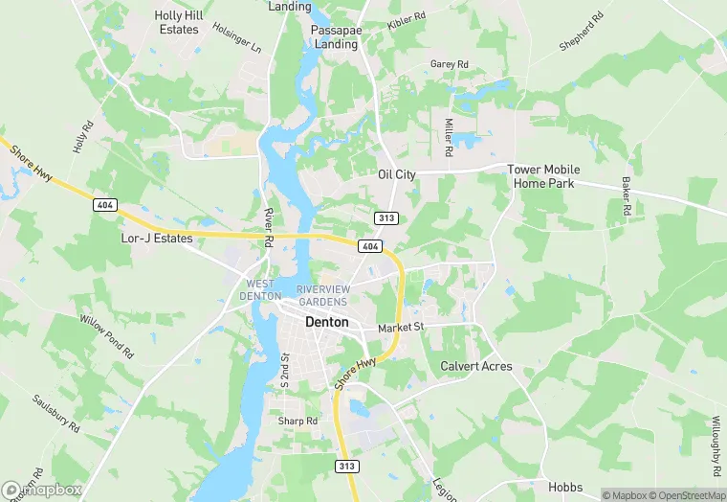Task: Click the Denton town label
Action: click(326, 322)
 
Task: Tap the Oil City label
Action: click(397, 174)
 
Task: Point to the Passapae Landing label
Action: click(334, 36)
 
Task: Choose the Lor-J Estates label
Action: click(157, 238)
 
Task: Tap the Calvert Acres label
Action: click(475, 366)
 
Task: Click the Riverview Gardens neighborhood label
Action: click(322, 295)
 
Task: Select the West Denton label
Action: click(260, 289)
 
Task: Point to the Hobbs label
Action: click(564, 486)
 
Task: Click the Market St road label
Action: click(400, 328)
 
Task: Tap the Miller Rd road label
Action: click(448, 138)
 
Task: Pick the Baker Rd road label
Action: click(627, 196)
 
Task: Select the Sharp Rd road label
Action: click(297, 422)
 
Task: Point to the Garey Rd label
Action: click(449, 64)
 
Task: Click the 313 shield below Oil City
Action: click(386, 217)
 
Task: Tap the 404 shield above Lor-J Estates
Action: click(105, 204)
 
